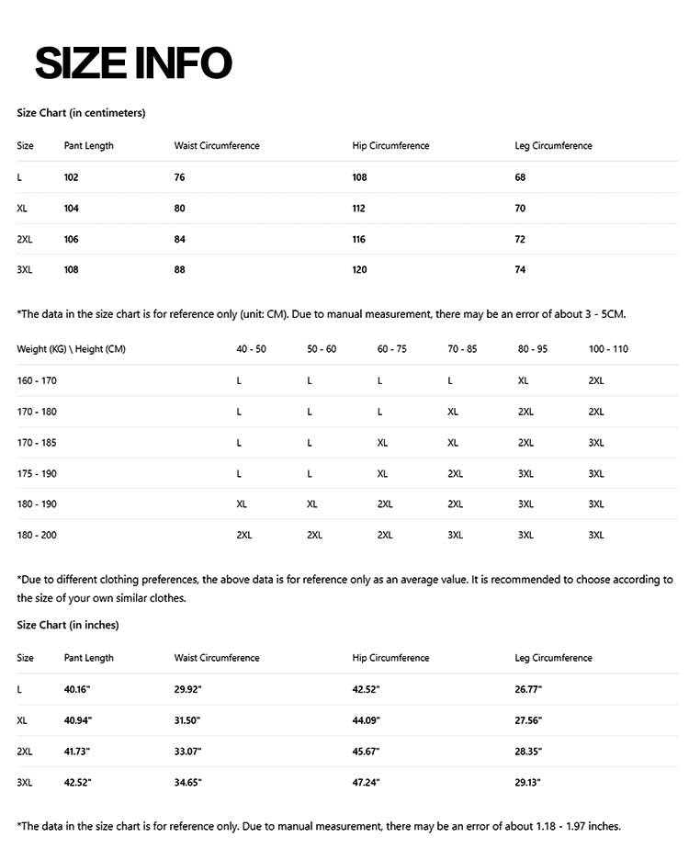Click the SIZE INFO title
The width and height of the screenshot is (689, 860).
[133, 62]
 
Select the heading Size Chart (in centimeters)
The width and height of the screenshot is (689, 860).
[81, 113]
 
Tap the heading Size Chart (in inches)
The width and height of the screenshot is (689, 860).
[67, 625]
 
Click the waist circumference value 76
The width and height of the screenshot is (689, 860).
[179, 177]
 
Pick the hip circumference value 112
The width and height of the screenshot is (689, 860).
[358, 209]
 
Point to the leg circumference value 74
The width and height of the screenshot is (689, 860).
[520, 270]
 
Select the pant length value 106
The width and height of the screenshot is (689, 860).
[71, 239]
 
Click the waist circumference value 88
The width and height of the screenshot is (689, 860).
[179, 270]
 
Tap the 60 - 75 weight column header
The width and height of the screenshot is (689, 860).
[391, 349]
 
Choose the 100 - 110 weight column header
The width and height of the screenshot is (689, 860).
[608, 349]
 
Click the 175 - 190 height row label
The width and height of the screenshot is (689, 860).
[36, 473]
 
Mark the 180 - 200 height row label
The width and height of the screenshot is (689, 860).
[36, 535]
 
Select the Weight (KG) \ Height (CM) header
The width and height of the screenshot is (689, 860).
[71, 349]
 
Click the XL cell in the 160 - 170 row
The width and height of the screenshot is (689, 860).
[523, 380]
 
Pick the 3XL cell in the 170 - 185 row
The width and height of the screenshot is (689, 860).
[595, 442]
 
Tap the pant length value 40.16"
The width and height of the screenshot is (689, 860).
[77, 689]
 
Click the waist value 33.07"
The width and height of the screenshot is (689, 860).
[187, 751]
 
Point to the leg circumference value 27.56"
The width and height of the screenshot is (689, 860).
[528, 720]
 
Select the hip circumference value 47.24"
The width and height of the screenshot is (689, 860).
[366, 782]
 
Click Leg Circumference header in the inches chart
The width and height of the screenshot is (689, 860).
[553, 658]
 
